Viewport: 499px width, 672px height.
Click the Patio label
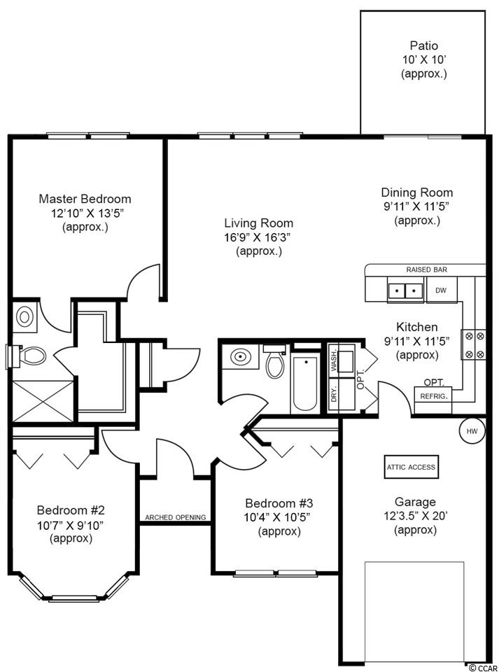tap(424, 45)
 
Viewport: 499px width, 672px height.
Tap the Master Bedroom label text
tap(85, 199)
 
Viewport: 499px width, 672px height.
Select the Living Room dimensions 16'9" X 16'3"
tap(259, 237)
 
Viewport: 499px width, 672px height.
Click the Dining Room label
tap(416, 192)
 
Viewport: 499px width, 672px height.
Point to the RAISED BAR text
tap(427, 269)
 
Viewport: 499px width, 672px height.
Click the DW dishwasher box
tap(441, 290)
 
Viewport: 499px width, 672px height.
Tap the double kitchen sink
tap(405, 290)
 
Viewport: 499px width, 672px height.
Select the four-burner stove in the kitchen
tap(473, 344)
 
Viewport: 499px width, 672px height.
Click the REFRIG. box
tap(433, 396)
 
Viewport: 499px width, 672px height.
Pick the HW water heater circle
tap(472, 431)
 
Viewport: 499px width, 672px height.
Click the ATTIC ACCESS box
tap(412, 467)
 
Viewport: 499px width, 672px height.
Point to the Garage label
tap(415, 502)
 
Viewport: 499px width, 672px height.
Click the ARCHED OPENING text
tap(175, 517)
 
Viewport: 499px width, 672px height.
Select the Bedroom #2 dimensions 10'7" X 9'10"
tap(71, 525)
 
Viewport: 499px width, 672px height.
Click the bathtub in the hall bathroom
tap(305, 384)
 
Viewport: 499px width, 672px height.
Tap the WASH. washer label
tap(335, 361)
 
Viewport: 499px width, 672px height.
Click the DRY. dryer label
tap(335, 393)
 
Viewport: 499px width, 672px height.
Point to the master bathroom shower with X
tap(43, 401)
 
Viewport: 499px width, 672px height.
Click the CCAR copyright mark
tap(484, 668)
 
